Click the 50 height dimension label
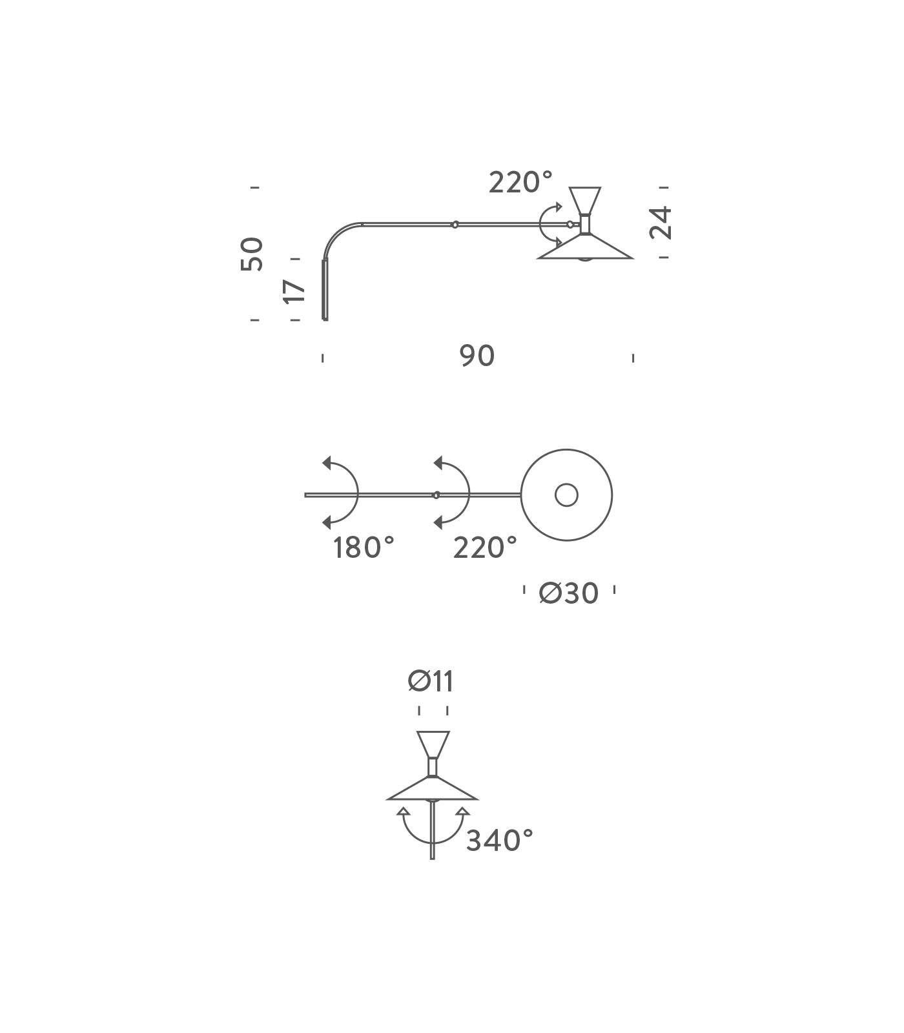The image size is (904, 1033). click(252, 254)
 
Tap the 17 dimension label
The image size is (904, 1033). click(294, 291)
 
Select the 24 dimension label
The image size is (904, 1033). click(661, 223)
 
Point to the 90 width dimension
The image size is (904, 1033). click(477, 356)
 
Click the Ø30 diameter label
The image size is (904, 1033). click(569, 593)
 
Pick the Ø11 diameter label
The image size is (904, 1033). click(431, 681)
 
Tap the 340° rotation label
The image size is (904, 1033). click(500, 841)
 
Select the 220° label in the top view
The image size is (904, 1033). click(485, 547)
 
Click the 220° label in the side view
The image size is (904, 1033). click(520, 183)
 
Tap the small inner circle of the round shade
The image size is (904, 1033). click(566, 495)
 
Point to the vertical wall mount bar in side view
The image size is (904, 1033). click(325, 290)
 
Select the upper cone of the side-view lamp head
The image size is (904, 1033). click(585, 200)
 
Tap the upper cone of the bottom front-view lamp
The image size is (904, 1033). click(433, 744)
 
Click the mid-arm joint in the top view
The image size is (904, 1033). click(436, 495)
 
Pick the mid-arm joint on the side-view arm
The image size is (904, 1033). click(455, 225)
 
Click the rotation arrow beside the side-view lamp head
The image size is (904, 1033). click(550, 224)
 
